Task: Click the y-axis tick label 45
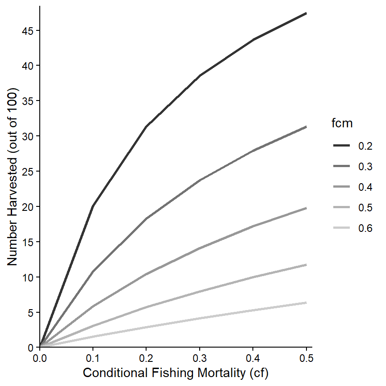pyautogui.click(x=28, y=30)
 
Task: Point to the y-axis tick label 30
pyautogui.click(x=28, y=136)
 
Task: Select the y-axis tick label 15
pyautogui.click(x=28, y=242)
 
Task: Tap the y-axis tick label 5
pyautogui.click(x=30, y=312)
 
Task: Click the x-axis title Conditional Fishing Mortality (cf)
pyautogui.click(x=176, y=373)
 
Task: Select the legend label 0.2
pyautogui.click(x=365, y=146)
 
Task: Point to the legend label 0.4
pyautogui.click(x=365, y=187)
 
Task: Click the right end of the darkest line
pyautogui.click(x=306, y=13)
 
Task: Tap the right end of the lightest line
pyautogui.click(x=306, y=302)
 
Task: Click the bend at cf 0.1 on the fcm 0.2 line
pyautogui.click(x=93, y=206)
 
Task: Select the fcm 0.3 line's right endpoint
pyautogui.click(x=306, y=127)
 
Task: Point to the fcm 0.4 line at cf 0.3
pyautogui.click(x=200, y=248)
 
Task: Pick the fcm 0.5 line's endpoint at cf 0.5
pyautogui.click(x=306, y=264)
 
